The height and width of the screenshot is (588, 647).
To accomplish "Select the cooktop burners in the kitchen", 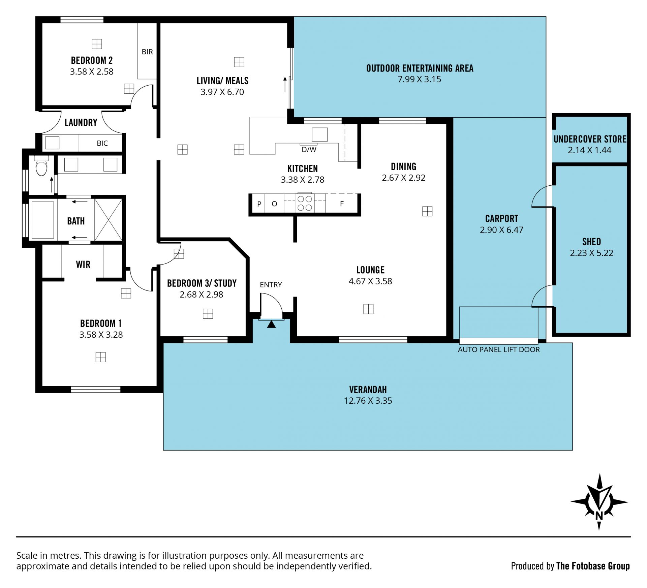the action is (305, 203).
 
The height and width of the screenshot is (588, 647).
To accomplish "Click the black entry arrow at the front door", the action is (271, 324).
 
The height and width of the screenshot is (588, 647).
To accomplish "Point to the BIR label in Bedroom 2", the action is (147, 52).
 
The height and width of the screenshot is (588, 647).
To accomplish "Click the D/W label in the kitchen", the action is (309, 150).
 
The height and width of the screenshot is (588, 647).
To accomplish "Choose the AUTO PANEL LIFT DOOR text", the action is (499, 350).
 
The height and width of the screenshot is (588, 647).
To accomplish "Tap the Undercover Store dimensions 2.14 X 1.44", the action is (589, 150).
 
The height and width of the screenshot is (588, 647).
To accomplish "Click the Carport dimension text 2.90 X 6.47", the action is (501, 230).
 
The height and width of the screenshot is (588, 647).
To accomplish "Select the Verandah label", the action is (368, 390).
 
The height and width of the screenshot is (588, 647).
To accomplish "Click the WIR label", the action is (83, 265).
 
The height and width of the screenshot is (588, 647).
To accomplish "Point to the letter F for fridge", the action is (342, 204).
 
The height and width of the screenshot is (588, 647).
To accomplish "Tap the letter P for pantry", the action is (259, 204).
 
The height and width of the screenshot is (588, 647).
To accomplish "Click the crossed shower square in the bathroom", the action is (109, 220).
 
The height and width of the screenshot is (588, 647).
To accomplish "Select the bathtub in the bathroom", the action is (43, 220).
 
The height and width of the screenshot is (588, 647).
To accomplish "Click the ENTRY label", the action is (271, 285).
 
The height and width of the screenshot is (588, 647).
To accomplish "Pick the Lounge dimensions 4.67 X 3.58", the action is (370, 281).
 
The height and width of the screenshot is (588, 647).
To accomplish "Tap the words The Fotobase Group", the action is (593, 566).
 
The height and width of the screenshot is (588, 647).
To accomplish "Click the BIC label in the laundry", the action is (102, 144).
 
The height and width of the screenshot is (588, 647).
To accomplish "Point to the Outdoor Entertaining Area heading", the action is (420, 68).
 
